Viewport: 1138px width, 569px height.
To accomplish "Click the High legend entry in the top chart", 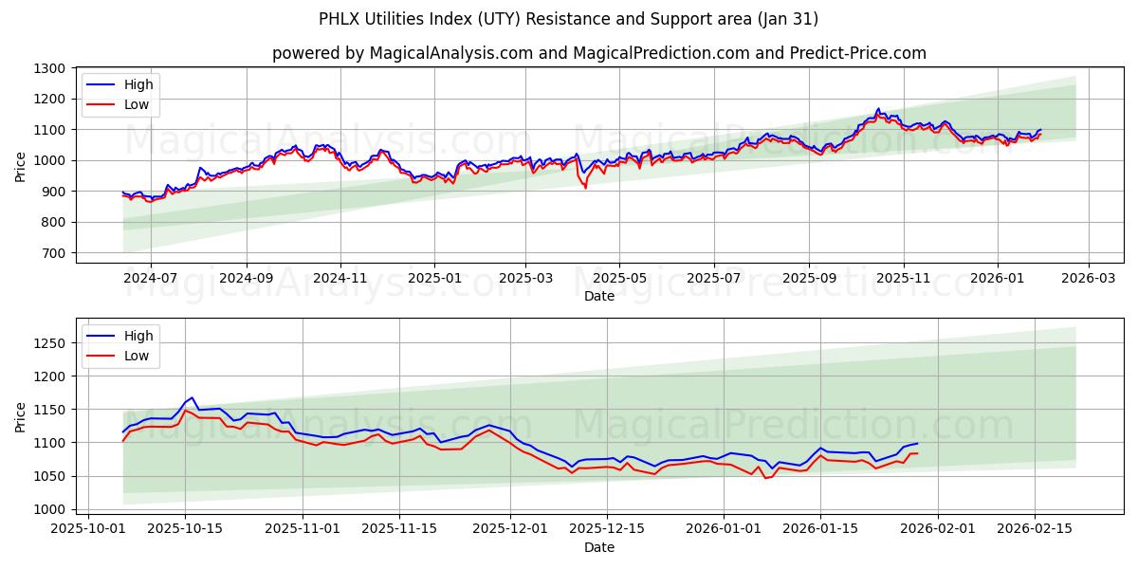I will [138, 84].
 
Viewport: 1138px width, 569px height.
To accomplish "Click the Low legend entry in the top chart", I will [137, 104].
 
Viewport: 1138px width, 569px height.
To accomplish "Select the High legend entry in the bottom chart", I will [138, 336].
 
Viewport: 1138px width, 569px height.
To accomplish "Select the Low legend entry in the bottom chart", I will [137, 356].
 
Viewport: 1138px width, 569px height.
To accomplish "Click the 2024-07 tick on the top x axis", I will [151, 278].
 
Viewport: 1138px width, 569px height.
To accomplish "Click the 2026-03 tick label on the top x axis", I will [1088, 278].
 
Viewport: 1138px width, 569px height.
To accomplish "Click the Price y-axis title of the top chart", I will [21, 167].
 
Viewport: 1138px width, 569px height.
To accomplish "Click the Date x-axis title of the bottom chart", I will [598, 547].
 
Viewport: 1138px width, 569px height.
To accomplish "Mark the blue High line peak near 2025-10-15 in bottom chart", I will [192, 397].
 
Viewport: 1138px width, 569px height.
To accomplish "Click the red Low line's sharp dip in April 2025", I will [585, 187].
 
